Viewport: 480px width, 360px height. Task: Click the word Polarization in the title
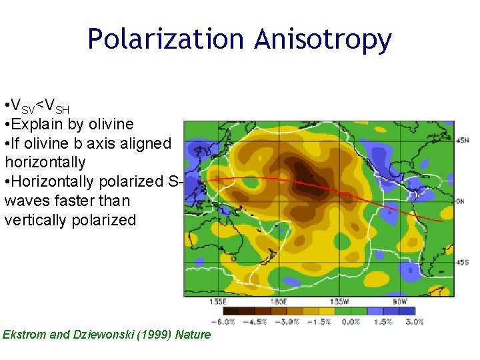[166, 40]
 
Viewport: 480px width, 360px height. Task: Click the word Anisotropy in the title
[323, 40]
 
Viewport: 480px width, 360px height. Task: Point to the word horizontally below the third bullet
[45, 162]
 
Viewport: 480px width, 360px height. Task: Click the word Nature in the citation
[192, 335]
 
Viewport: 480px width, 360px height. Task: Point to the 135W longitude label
[341, 301]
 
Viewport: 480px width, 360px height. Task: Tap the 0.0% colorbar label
[351, 321]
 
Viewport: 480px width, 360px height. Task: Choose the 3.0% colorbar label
[414, 321]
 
